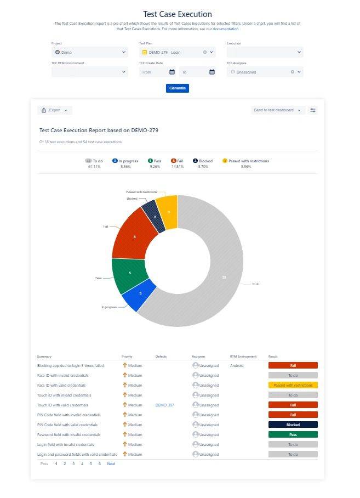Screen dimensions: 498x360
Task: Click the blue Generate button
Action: pyautogui.click(x=177, y=88)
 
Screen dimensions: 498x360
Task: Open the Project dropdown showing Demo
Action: pyautogui.click(x=89, y=52)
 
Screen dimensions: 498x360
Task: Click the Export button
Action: pyautogui.click(x=55, y=110)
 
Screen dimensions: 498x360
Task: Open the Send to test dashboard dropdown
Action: pyautogui.click(x=277, y=110)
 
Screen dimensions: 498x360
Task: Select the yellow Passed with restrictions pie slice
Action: pyautogui.click(x=168, y=211)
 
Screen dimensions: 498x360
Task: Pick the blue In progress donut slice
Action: pyautogui.click(x=139, y=295)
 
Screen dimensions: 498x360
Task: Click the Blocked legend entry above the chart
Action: pyautogui.click(x=202, y=161)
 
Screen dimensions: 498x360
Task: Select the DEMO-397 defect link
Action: pyautogui.click(x=165, y=405)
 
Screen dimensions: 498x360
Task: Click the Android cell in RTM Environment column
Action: pyautogui.click(x=237, y=365)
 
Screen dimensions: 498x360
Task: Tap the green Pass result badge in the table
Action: pyautogui.click(x=293, y=434)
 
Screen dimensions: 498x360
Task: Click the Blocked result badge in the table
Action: pyautogui.click(x=293, y=425)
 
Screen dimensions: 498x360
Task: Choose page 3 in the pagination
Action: pyautogui.click(x=73, y=463)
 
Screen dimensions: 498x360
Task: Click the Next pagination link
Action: pyautogui.click(x=111, y=463)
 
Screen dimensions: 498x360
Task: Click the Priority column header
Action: pyautogui.click(x=127, y=356)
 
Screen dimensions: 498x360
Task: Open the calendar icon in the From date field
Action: pyautogui.click(x=172, y=72)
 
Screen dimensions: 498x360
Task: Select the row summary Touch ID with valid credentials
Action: pyautogui.click(x=62, y=405)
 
